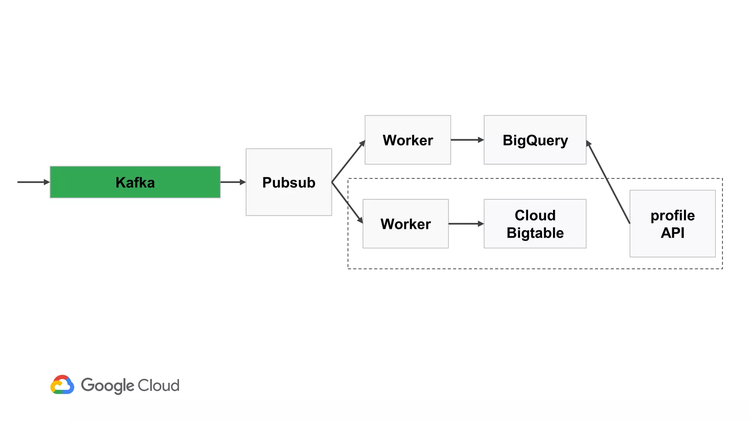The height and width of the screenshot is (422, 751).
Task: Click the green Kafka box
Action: tap(135, 182)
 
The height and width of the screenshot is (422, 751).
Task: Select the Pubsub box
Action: tap(289, 182)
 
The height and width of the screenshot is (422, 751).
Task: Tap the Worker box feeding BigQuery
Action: tap(407, 140)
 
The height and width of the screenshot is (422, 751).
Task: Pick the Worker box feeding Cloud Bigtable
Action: tap(405, 224)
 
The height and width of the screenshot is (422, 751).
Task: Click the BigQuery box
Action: tap(535, 140)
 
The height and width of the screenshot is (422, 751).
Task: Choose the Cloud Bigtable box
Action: tap(535, 224)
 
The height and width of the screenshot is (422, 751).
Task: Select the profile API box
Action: tap(672, 224)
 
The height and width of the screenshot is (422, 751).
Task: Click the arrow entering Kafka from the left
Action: tap(33, 182)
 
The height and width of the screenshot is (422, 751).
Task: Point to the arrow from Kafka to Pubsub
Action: tap(232, 182)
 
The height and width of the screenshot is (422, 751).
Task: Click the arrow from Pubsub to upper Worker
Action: tap(348, 162)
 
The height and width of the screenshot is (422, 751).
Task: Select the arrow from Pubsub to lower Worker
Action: tap(347, 203)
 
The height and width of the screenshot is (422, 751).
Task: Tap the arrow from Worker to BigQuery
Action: tap(467, 140)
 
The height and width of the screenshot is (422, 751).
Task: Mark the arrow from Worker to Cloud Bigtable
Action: tap(466, 224)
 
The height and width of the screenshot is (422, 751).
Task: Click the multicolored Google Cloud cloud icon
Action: tap(62, 385)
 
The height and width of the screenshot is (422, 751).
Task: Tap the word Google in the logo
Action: tap(107, 386)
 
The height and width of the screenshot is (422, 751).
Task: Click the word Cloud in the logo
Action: tap(158, 385)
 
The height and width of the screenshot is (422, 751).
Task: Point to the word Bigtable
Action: tap(535, 233)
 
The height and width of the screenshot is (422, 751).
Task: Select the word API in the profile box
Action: tap(672, 233)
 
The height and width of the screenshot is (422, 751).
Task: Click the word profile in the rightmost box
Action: tap(672, 215)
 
